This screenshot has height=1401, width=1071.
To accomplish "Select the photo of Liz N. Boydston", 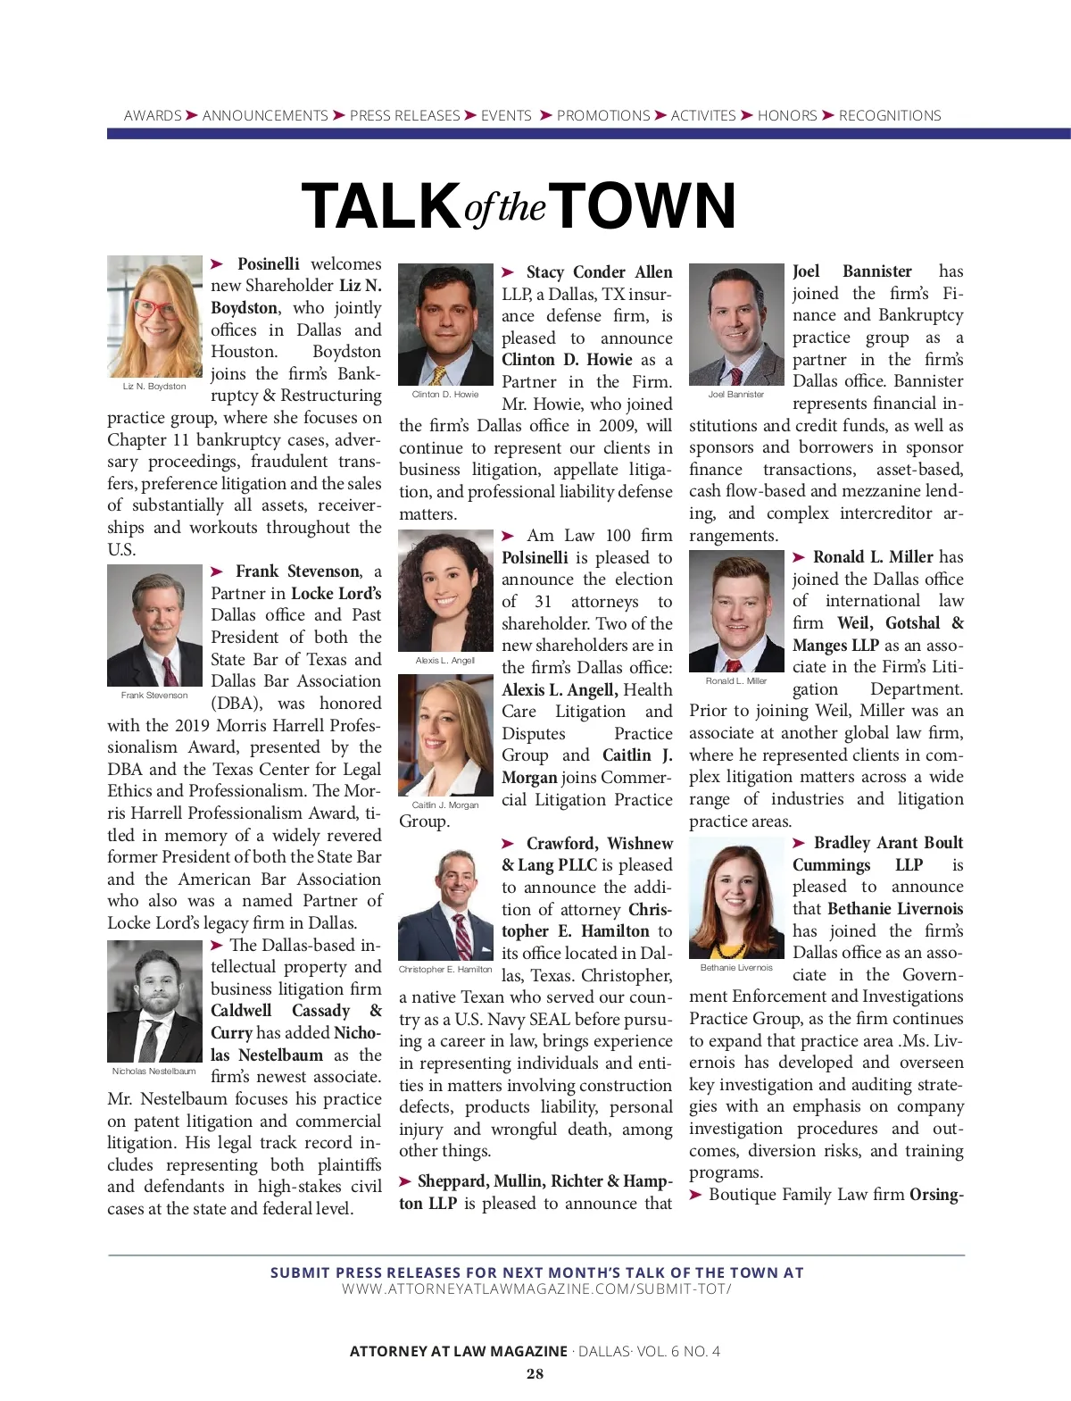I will (x=154, y=317).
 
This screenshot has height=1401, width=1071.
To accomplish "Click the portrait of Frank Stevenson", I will (x=154, y=625).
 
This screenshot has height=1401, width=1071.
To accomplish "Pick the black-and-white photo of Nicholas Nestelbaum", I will (x=154, y=1001).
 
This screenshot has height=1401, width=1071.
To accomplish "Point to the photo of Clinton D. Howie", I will (x=445, y=324).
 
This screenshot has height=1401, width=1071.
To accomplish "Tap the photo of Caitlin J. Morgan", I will (x=445, y=735).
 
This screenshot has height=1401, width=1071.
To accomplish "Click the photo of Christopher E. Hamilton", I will (x=445, y=905).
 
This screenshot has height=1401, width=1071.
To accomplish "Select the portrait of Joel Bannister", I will (x=736, y=324).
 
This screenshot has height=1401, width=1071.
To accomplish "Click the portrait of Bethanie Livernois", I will (x=736, y=897).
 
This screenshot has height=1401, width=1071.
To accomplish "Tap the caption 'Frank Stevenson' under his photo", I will (x=154, y=695).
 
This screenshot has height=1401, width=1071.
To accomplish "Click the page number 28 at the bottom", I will (x=535, y=1373).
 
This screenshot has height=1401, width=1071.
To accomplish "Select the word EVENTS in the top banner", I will (x=506, y=116).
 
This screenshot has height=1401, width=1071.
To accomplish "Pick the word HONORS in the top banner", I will (x=787, y=116).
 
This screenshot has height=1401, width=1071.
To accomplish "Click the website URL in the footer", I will (x=536, y=1289).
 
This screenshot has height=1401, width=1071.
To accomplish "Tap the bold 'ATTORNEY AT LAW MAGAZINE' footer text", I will (x=458, y=1351).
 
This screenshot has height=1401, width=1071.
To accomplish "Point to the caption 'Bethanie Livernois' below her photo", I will (x=736, y=967).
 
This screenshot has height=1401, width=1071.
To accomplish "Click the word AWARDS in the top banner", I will (x=153, y=116).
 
